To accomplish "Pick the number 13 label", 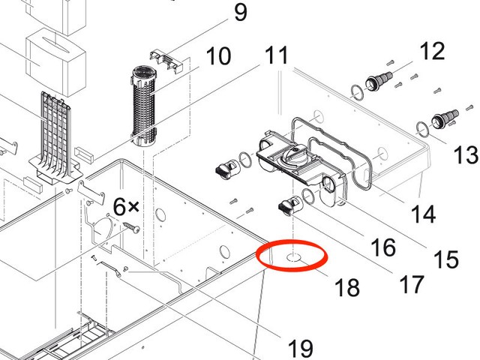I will [466, 155].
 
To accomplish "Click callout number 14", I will [424, 214].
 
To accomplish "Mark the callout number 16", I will [382, 247].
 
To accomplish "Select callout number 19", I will [300, 348].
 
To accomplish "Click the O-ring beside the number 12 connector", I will [356, 92].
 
